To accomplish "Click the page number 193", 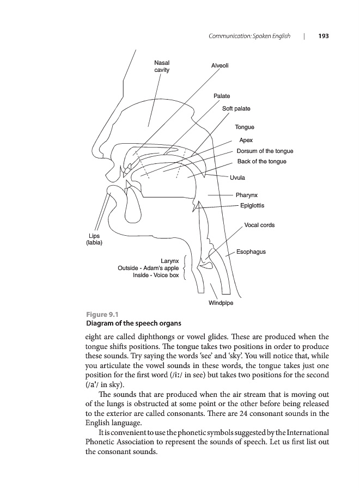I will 324,36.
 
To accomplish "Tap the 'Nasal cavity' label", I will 162,67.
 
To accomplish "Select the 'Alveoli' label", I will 220,66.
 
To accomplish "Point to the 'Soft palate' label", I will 236,109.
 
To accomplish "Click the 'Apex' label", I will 246,140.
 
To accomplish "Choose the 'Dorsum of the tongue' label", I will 265,151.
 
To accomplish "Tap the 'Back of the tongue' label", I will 261,162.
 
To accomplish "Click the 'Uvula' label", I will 237,177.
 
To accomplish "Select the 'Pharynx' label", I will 247,195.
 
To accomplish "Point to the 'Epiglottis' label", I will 252,206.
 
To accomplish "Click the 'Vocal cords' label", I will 260,225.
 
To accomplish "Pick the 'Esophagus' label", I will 251,252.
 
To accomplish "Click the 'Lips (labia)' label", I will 91,239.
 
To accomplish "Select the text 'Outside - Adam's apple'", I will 148,268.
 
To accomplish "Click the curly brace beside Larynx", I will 186,268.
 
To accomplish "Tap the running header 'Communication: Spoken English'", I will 249,36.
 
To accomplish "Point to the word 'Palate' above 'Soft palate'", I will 222,96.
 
